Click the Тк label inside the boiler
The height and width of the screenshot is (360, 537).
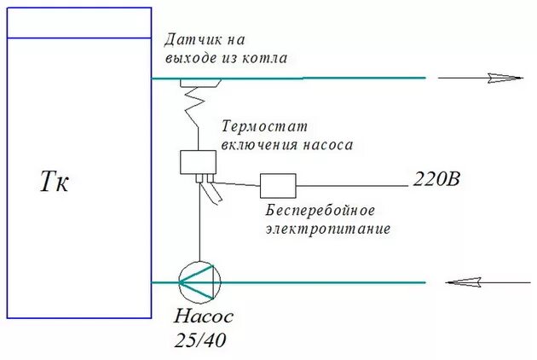[x=54, y=182]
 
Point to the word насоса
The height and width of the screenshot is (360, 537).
[x=327, y=145]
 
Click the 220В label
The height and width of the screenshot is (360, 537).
[x=436, y=180]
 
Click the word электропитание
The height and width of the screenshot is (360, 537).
[x=327, y=229]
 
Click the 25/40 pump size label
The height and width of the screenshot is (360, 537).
[x=201, y=341]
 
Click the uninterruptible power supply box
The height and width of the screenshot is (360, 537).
[x=278, y=185]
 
